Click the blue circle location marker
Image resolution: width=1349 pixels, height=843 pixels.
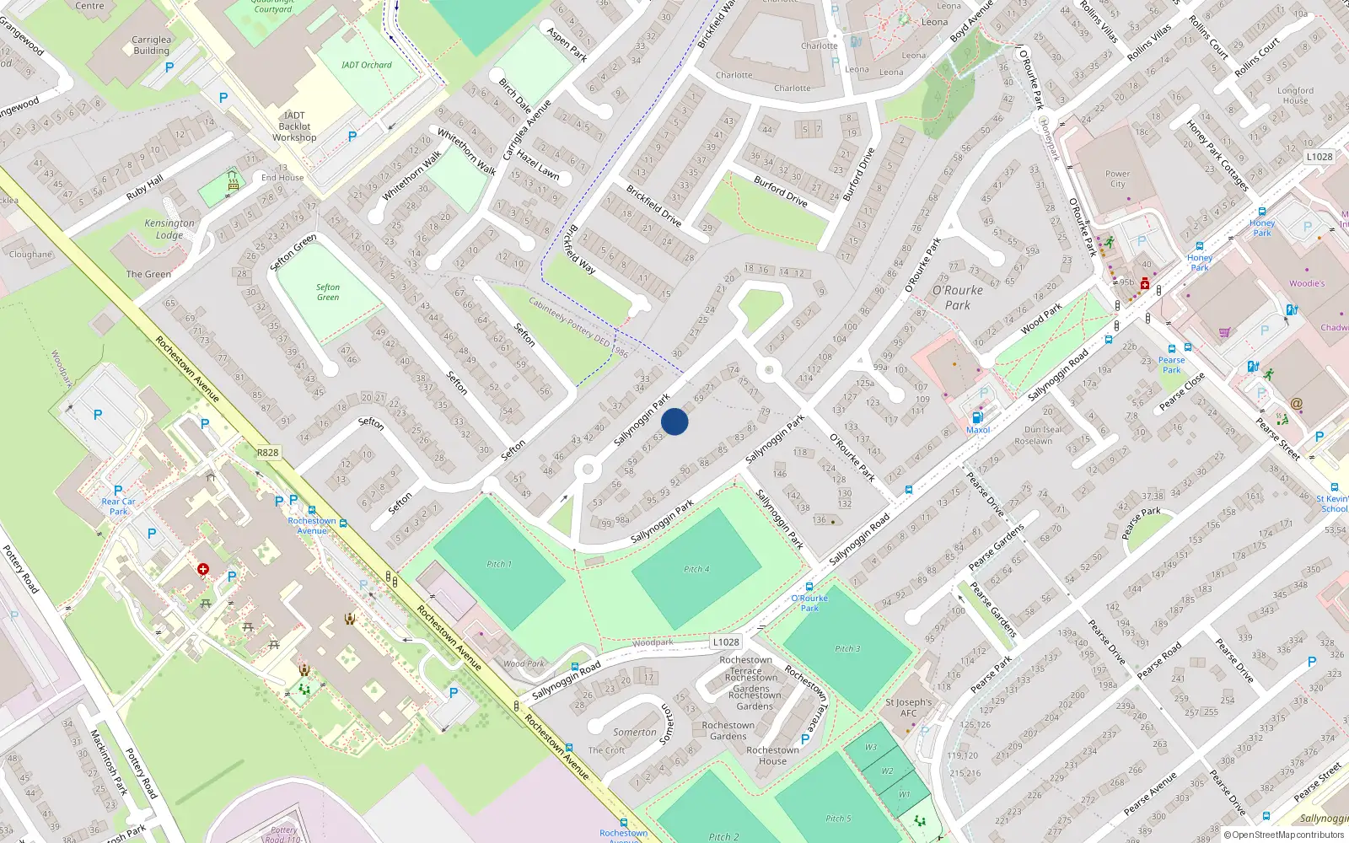click(x=674, y=421)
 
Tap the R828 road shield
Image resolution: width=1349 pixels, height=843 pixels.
click(x=267, y=453)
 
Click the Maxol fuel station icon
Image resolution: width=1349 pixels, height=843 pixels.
click(x=977, y=417)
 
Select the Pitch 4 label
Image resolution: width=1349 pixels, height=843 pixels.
click(x=696, y=569)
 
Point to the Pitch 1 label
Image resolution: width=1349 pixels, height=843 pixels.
click(x=499, y=564)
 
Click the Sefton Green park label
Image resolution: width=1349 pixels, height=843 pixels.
click(x=328, y=293)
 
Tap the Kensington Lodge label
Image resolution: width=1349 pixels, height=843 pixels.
click(x=169, y=229)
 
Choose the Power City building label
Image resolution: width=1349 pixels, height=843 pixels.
click(x=1117, y=179)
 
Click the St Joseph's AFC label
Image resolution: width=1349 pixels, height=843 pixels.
click(x=908, y=707)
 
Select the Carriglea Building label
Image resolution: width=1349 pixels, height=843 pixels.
click(x=152, y=45)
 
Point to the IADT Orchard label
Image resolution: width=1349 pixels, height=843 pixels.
click(x=366, y=65)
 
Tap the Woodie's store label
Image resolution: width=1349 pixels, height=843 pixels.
click(x=1307, y=283)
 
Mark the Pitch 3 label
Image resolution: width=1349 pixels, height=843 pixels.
click(x=847, y=648)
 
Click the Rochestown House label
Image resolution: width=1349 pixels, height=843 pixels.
click(x=772, y=755)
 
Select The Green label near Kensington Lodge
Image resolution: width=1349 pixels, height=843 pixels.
click(x=148, y=274)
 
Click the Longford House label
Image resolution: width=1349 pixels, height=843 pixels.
click(x=1295, y=95)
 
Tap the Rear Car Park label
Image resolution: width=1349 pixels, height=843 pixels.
click(x=119, y=506)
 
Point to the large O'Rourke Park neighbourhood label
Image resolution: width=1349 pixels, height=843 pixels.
click(x=958, y=298)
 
